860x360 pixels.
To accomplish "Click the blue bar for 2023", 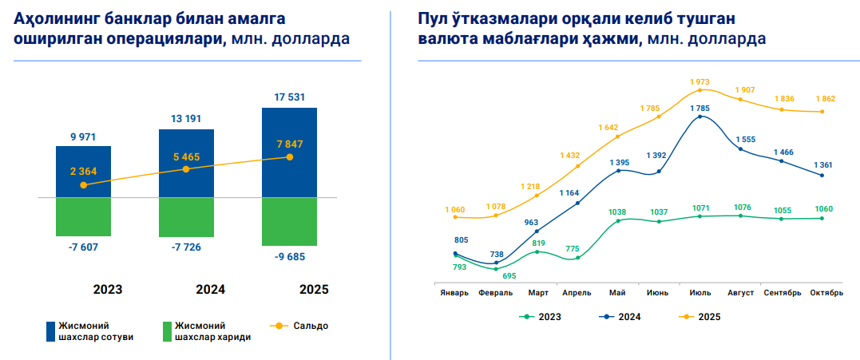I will pos(83,171).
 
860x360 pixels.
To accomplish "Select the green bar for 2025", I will pos(289,221).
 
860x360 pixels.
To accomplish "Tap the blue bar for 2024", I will pos(186,163).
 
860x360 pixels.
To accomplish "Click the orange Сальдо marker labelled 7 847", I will pos(290,157).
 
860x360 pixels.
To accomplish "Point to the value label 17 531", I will pos(289,97).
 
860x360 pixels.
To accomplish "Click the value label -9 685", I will pos(289,257).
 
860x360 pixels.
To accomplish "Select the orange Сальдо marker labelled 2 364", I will pos(83,185).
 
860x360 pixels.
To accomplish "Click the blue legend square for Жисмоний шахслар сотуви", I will pos(50,330).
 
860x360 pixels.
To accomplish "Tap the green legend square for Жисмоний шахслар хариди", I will pos(167,330).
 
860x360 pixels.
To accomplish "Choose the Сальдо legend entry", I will pos(298,326).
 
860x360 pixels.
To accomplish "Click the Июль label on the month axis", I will pos(699,293).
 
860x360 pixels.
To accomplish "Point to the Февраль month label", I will pos(495,293).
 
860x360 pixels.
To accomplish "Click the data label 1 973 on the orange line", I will pos(699,81).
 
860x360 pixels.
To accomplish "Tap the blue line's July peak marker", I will pos(700,117).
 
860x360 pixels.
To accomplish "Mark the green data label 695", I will pos(509,276).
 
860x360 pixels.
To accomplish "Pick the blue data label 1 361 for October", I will pos(823,165).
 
